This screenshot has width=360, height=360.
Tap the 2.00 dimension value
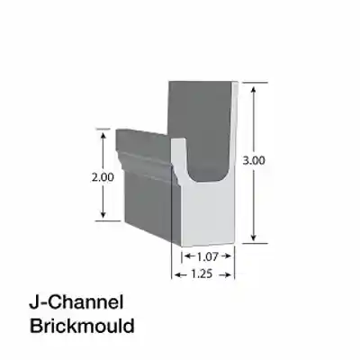103,177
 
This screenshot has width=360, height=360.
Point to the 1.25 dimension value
203,274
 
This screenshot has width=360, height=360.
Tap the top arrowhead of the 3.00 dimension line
256,85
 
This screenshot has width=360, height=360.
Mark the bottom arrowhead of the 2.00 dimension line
103,218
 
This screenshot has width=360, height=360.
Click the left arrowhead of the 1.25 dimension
175,274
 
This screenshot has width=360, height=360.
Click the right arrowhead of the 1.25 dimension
233,274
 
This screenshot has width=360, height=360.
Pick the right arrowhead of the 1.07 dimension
229,256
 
